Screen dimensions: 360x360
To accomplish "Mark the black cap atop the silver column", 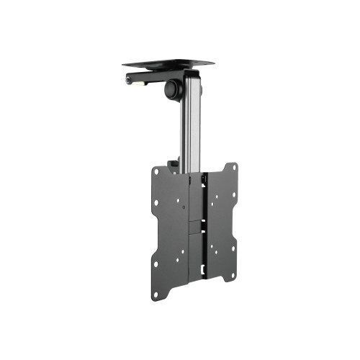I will click(x=191, y=74).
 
